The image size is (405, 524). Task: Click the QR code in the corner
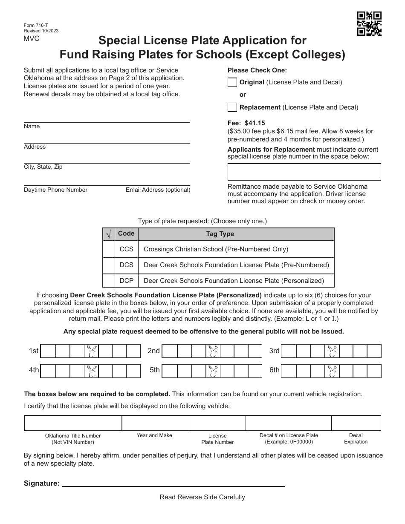point(369,24)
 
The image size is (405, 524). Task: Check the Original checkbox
point(232,82)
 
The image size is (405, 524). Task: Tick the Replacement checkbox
point(232,107)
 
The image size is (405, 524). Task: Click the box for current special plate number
point(304,172)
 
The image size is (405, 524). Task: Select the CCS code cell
point(126,249)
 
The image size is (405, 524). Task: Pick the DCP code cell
point(126,281)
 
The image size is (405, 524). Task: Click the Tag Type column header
point(220,234)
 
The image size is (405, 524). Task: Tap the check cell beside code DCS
point(109,265)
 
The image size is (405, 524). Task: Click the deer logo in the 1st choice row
point(92,351)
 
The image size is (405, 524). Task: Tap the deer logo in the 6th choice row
point(332,371)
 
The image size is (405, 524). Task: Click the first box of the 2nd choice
point(170,351)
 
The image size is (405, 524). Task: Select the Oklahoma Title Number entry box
point(73,423)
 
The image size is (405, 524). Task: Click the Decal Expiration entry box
point(356,423)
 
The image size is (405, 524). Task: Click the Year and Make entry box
point(155,423)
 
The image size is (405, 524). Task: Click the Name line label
point(32,127)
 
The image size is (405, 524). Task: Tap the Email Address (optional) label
point(158,190)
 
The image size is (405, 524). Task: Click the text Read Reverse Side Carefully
point(202,497)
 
